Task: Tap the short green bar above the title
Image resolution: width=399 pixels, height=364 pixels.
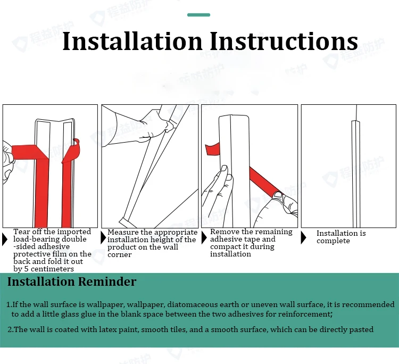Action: click(199, 15)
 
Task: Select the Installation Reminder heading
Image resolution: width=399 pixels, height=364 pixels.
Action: click(72, 282)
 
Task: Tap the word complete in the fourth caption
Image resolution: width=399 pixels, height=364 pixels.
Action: click(333, 241)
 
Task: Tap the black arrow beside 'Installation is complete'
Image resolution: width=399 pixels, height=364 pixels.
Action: click(304, 237)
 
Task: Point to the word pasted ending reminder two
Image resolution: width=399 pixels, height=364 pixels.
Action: click(361, 329)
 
